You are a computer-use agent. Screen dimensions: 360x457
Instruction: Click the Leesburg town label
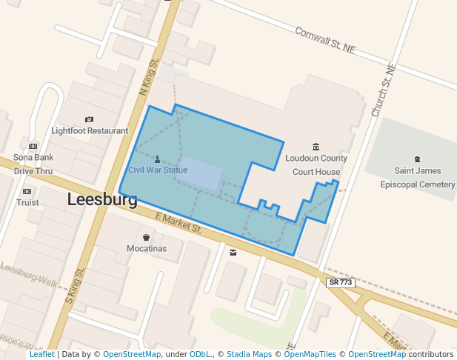point(102,199)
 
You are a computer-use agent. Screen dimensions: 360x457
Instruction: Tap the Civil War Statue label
point(158,170)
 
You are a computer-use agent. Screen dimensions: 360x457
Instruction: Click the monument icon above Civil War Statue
point(157,159)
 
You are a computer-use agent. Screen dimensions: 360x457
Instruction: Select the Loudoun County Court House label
point(316,164)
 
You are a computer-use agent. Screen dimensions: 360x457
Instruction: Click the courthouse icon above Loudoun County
point(316,147)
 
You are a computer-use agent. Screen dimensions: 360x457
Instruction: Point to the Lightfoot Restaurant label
point(90,130)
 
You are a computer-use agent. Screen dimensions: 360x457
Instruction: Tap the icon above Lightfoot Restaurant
point(90,119)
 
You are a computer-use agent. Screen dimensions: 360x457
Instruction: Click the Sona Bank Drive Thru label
point(33,164)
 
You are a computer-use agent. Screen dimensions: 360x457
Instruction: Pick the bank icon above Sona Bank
point(33,146)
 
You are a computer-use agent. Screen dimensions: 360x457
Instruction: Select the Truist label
point(27,202)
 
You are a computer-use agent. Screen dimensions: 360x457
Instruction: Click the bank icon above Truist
point(27,191)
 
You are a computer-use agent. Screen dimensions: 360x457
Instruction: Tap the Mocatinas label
point(146,248)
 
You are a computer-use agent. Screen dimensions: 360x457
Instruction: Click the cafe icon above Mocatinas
point(146,237)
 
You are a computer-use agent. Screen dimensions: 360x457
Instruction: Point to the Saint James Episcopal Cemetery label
point(416,178)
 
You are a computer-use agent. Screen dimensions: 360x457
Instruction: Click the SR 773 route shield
point(341,282)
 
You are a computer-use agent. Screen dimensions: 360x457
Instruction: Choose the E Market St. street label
point(178,222)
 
